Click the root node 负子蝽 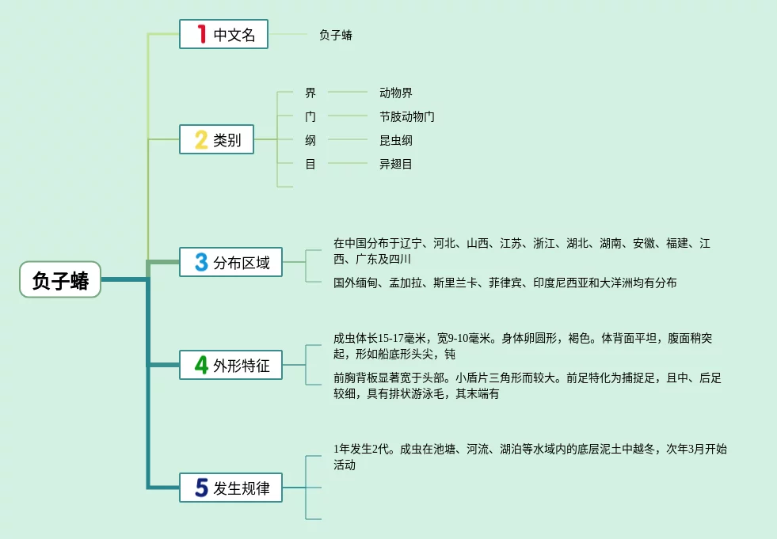coord(60,279)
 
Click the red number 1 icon coord(201,34)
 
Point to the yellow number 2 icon coord(201,140)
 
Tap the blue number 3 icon coord(201,262)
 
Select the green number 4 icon coord(201,365)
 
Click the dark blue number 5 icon coord(201,488)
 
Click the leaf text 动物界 coord(395,93)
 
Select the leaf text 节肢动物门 coord(406,116)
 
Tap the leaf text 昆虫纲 coord(395,140)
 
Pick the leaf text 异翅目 coord(395,164)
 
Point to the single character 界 coord(310,93)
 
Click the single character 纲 coord(310,140)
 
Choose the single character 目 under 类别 coord(310,164)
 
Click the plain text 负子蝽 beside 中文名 coord(335,35)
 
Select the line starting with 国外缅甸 coord(505,283)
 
